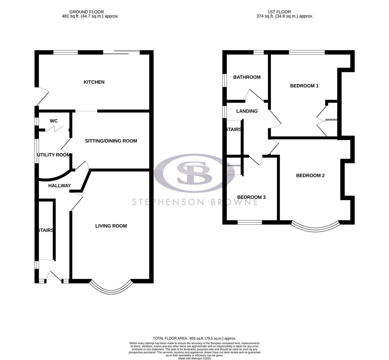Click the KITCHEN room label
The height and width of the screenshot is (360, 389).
pyautogui.click(x=94, y=82)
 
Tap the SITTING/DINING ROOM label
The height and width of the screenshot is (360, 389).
pyautogui.click(x=111, y=141)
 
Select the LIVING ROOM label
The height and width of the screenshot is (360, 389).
pyautogui.click(x=111, y=226)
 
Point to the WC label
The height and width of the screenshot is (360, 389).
pyautogui.click(x=54, y=121)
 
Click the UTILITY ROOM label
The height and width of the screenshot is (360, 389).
pyautogui.click(x=54, y=155)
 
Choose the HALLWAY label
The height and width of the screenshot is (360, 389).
pyautogui.click(x=60, y=186)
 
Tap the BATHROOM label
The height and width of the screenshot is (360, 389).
pyautogui.click(x=247, y=77)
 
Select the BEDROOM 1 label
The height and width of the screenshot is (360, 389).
pyautogui.click(x=304, y=86)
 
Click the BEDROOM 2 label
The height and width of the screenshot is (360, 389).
pyautogui.click(x=310, y=176)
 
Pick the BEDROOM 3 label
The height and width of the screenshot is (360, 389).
pyautogui.click(x=251, y=197)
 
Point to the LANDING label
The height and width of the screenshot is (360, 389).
pyautogui.click(x=247, y=111)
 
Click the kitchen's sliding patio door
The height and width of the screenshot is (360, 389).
pyautogui.click(x=121, y=53)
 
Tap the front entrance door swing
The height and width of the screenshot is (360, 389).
pyautogui.click(x=54, y=277)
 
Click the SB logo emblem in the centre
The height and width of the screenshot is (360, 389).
pyautogui.click(x=194, y=173)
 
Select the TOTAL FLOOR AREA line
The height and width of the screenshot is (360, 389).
pyautogui.click(x=194, y=338)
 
